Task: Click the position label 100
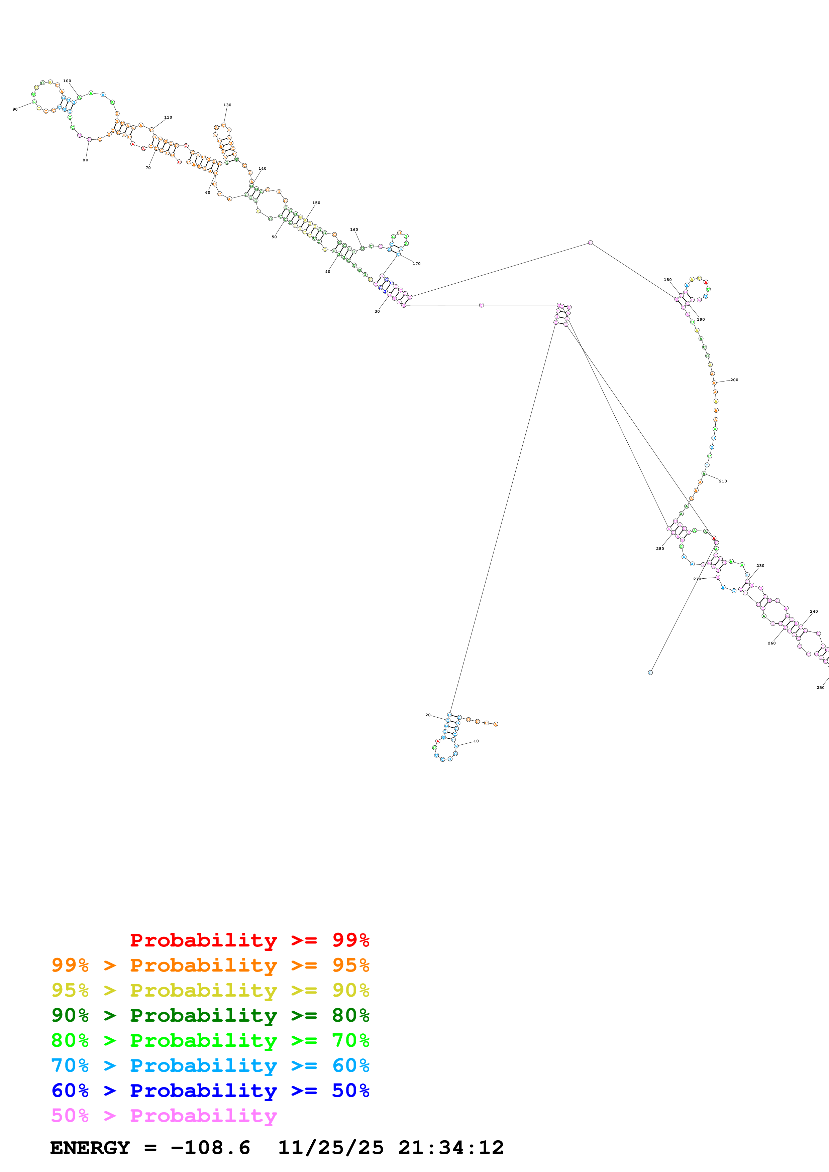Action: (x=67, y=81)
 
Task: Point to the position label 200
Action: (x=734, y=380)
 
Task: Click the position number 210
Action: (x=723, y=481)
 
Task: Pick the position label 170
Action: (x=416, y=263)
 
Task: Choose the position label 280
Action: (x=660, y=549)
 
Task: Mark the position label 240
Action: (x=814, y=611)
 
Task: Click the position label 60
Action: (x=207, y=192)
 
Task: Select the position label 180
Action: (x=667, y=280)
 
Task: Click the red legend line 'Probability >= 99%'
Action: (x=249, y=940)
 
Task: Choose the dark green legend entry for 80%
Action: (x=210, y=1015)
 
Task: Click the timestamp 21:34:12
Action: (x=451, y=1148)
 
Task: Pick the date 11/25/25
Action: (x=330, y=1148)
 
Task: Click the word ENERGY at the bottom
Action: (x=90, y=1148)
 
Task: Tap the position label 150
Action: (x=316, y=203)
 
